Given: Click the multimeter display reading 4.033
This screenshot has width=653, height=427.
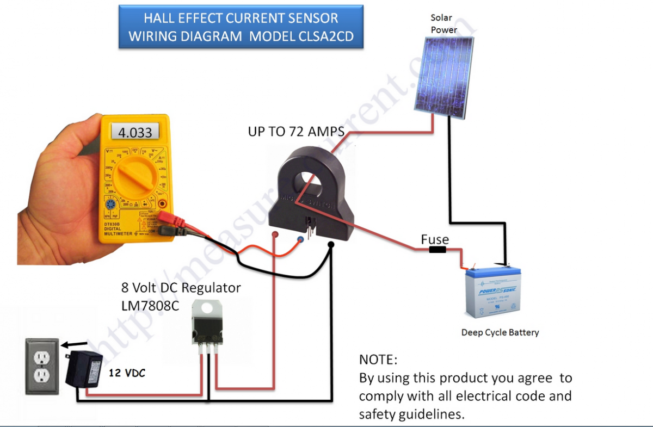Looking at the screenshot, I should (x=135, y=132).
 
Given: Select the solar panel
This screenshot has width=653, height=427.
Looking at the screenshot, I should (x=441, y=79).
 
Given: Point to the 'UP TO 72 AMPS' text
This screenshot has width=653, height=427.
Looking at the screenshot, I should (x=296, y=132).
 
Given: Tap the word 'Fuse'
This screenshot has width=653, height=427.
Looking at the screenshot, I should (x=434, y=239).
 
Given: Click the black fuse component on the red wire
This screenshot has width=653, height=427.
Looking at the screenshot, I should (x=438, y=250).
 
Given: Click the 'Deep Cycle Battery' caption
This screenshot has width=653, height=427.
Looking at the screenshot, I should (x=500, y=332).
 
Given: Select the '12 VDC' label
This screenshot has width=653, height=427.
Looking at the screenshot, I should (x=127, y=374).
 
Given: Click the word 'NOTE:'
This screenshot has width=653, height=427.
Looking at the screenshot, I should (x=378, y=360).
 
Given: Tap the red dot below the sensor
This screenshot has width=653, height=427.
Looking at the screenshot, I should (x=275, y=234).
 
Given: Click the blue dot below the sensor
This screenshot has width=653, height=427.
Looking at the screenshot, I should (x=300, y=239).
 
